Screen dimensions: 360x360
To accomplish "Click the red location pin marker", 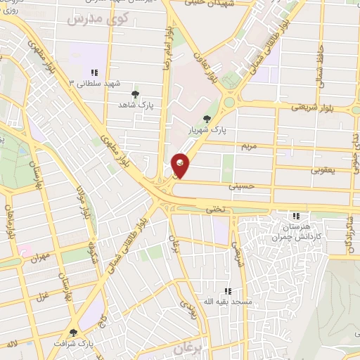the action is point(181,165).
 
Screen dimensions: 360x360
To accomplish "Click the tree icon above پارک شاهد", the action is point(136,94).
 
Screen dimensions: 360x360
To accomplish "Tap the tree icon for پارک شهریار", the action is point(206,119).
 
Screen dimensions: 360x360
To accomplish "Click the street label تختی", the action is point(214,210).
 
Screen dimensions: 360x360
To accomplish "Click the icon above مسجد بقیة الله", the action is point(227,291).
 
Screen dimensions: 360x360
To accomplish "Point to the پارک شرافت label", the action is point(75,344).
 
